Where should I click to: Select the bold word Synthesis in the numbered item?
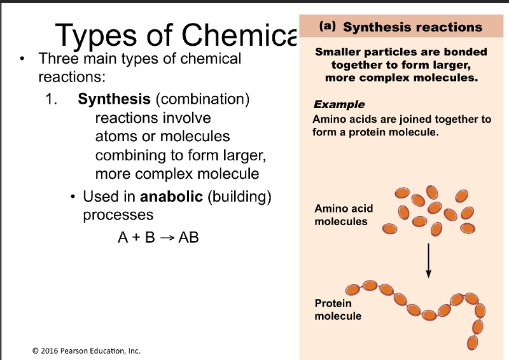click(x=114, y=99)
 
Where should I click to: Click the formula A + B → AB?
click(x=158, y=237)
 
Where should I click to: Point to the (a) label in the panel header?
click(x=327, y=27)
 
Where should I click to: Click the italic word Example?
click(x=339, y=104)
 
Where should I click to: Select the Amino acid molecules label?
click(x=344, y=215)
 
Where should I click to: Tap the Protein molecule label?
click(x=338, y=310)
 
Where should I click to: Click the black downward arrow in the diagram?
click(x=429, y=259)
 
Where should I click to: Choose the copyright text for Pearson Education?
click(x=86, y=350)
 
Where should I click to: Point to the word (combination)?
click(x=202, y=99)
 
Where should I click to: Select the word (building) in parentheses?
click(x=240, y=197)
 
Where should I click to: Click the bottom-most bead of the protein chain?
click(x=472, y=343)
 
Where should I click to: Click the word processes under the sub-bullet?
click(x=118, y=215)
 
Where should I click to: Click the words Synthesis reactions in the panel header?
click(x=412, y=27)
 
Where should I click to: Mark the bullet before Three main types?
click(x=23, y=60)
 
